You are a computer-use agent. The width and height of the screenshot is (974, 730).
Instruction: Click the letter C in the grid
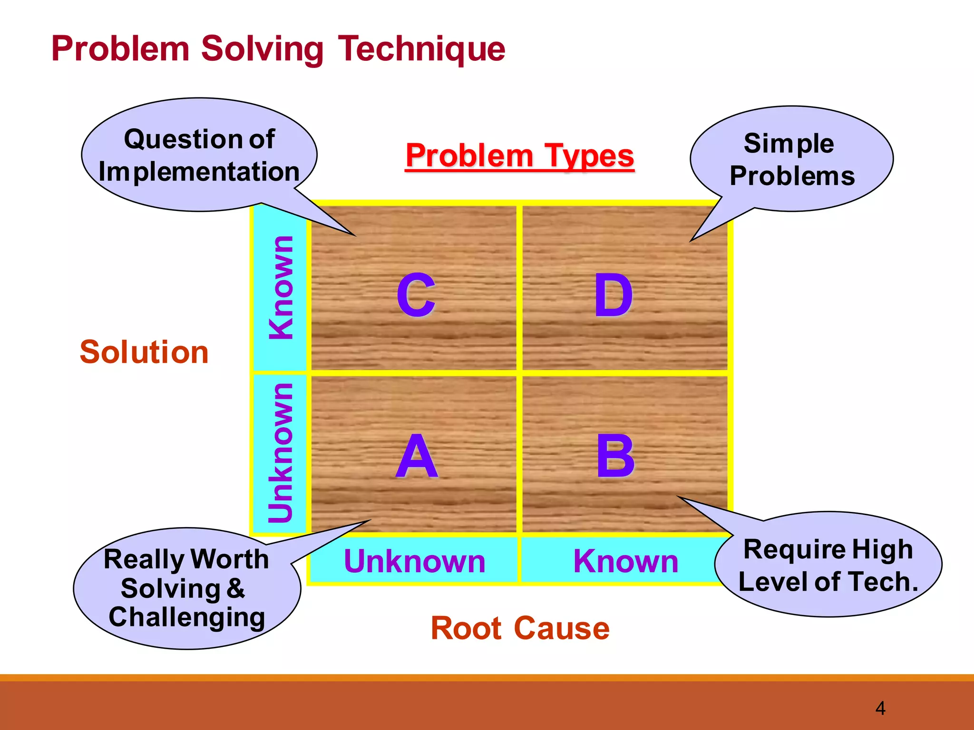tap(416, 295)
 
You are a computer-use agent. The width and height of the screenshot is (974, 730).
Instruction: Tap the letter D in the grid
tap(614, 295)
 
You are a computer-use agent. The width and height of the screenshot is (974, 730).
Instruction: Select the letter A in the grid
tap(417, 457)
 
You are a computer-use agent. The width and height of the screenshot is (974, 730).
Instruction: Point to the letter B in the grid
tap(615, 457)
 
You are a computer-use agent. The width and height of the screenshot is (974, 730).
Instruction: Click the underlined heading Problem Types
tap(520, 156)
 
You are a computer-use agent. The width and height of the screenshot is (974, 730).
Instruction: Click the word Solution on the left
tap(144, 352)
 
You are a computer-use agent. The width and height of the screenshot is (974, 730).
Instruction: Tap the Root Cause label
tap(520, 628)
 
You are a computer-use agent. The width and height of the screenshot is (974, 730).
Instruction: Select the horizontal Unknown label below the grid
tap(414, 561)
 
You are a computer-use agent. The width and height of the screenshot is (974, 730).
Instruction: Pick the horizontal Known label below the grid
tap(625, 561)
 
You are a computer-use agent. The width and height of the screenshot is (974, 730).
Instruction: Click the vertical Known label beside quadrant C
tap(281, 288)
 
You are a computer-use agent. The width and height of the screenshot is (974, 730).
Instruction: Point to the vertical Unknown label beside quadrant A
tap(281, 452)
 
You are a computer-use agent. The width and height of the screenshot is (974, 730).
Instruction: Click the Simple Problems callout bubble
tap(792, 159)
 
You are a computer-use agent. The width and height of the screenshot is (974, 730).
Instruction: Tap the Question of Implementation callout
tap(199, 155)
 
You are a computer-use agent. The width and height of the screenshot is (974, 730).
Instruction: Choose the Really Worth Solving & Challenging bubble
tap(186, 588)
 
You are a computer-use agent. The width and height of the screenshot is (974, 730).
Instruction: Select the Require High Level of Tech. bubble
tap(828, 565)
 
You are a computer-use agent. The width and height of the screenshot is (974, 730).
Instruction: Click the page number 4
tap(880, 709)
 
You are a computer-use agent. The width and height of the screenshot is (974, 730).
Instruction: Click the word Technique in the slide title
tap(421, 49)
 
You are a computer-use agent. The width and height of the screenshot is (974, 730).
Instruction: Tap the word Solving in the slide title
tap(262, 49)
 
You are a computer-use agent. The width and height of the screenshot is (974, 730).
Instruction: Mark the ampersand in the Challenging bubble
tap(236, 588)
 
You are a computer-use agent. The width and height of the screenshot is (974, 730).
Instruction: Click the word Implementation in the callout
tap(199, 172)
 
